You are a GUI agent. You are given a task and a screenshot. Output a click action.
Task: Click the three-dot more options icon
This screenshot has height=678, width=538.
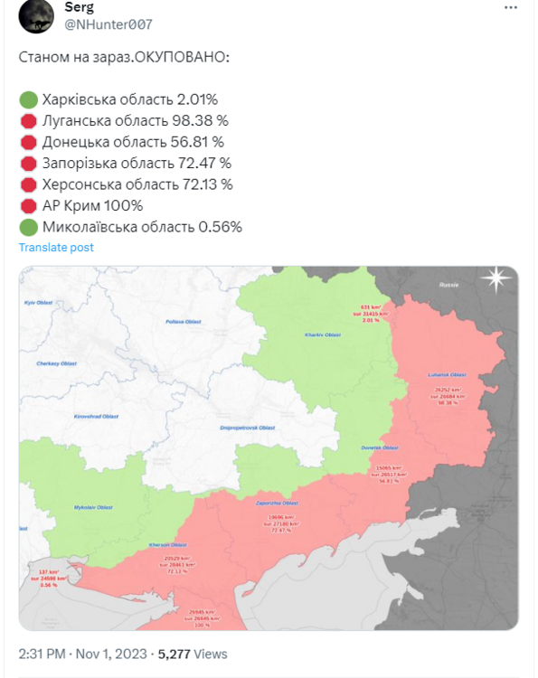click(511, 8)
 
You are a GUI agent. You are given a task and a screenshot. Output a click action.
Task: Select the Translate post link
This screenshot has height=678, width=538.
click(56, 247)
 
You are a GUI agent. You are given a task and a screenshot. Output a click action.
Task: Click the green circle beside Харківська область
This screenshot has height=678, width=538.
click(27, 99)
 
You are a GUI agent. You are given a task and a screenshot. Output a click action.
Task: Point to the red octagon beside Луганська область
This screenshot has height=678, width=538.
click(27, 120)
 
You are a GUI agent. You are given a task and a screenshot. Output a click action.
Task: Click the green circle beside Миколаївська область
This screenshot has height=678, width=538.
click(27, 227)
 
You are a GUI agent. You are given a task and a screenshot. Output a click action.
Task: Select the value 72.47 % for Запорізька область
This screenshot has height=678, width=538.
click(204, 163)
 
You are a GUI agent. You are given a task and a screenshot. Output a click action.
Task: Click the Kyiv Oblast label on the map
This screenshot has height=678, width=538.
click(36, 301)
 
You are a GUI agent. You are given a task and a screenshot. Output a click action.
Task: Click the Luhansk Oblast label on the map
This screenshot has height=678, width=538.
click(447, 374)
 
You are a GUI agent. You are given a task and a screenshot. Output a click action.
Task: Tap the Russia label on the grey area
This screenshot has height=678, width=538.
click(448, 285)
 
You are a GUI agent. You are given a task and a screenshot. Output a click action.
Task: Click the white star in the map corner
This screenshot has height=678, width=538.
click(496, 279)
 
